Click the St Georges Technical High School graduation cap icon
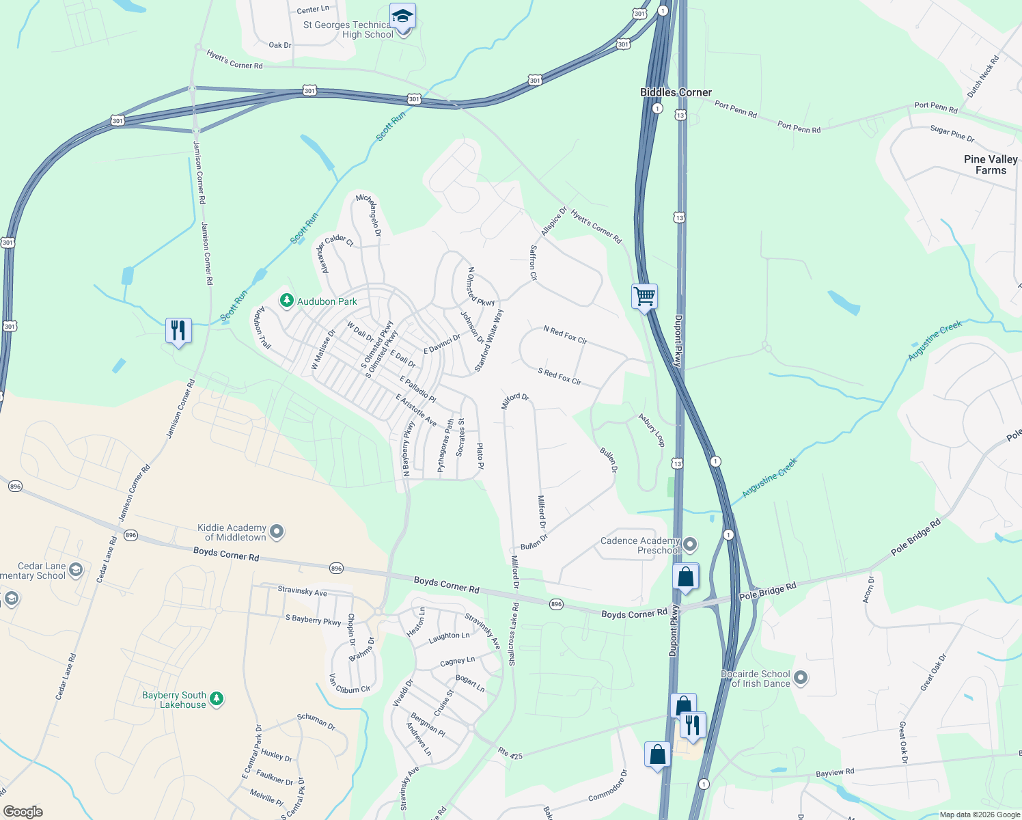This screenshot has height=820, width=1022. [402, 16]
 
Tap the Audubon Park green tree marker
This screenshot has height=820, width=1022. [287, 301]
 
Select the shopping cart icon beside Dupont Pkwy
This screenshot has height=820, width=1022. [644, 297]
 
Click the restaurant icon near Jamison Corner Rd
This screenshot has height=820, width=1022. [178, 331]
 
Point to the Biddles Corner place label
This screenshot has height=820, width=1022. [676, 92]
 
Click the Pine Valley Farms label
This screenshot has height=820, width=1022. [991, 165]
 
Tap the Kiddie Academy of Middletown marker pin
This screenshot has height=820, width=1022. [277, 531]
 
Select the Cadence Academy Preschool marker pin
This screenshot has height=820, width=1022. [690, 545]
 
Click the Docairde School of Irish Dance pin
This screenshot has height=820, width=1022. [801, 678]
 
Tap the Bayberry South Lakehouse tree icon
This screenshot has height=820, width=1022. [217, 698]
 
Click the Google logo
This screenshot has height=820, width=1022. [23, 811]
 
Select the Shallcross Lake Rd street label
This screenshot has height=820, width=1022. [513, 634]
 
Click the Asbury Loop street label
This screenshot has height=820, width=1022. [651, 429]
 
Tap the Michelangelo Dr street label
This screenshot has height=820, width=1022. [370, 215]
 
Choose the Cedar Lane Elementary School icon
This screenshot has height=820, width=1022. [76, 569]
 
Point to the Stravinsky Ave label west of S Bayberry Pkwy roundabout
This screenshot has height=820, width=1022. [302, 590]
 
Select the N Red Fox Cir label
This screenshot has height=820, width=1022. [565, 334]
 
